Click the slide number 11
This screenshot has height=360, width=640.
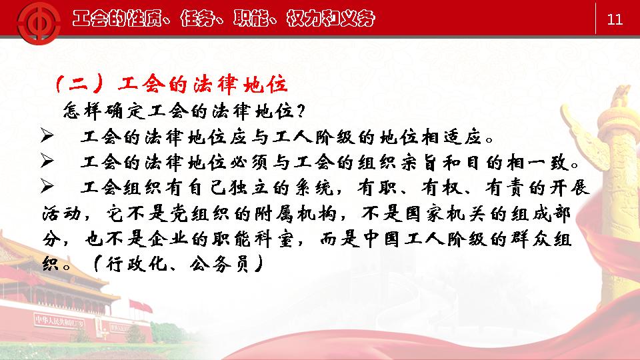(x=615, y=19)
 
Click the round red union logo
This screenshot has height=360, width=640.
(x=39, y=22)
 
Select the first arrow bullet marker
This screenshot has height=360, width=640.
(x=47, y=135)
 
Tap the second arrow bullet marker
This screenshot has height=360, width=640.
(x=47, y=161)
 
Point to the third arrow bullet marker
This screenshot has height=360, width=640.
(x=47, y=187)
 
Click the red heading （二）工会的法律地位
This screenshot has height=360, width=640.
(x=171, y=84)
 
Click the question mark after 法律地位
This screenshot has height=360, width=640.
(x=301, y=111)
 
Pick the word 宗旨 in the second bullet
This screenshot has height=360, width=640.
(x=419, y=163)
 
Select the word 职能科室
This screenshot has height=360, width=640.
(x=253, y=239)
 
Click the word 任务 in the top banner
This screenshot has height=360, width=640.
(x=197, y=19)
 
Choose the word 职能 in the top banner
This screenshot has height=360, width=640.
(x=251, y=19)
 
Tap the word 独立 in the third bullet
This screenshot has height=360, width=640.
(x=249, y=188)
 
